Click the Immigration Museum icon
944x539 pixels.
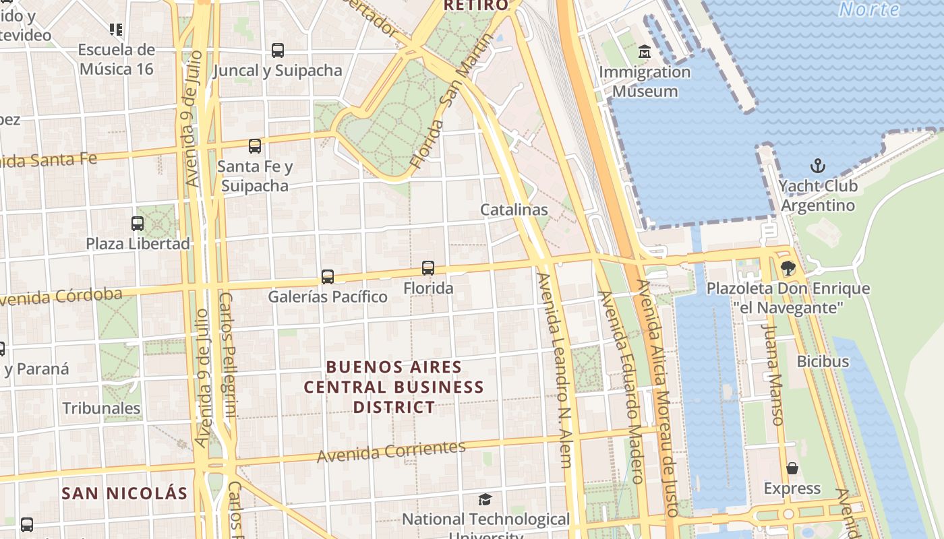click(645, 51)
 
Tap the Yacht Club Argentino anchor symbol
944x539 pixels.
click(817, 165)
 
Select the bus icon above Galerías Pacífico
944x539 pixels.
click(328, 276)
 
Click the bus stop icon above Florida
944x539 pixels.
click(428, 268)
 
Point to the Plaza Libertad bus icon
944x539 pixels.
click(138, 223)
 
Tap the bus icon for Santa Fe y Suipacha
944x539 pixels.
click(255, 146)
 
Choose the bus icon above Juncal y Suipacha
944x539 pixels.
click(278, 50)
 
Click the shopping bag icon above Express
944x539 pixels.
click(792, 468)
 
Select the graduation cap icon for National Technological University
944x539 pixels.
click(485, 499)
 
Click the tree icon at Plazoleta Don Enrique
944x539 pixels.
click(788, 268)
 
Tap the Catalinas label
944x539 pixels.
click(514, 210)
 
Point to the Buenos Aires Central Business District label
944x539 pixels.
click(394, 387)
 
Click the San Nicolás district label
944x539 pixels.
click(125, 493)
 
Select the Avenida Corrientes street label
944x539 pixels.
click(391, 451)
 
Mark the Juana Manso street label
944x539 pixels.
click(773, 375)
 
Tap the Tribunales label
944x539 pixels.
click(101, 408)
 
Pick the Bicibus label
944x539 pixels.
click(823, 361)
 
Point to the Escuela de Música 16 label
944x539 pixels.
click(116, 59)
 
